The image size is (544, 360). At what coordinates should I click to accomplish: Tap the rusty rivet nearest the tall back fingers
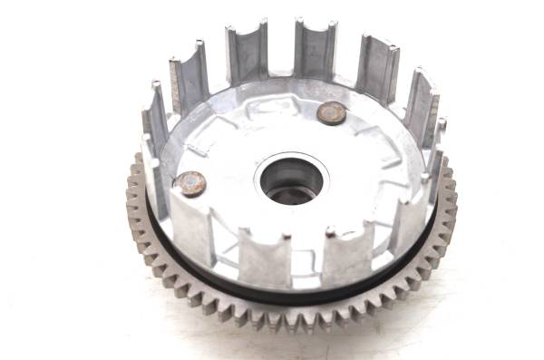point(332,112)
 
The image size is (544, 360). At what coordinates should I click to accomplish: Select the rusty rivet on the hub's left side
point(190,184)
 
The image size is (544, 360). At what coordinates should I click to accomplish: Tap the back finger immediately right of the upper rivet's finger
point(376,68)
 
